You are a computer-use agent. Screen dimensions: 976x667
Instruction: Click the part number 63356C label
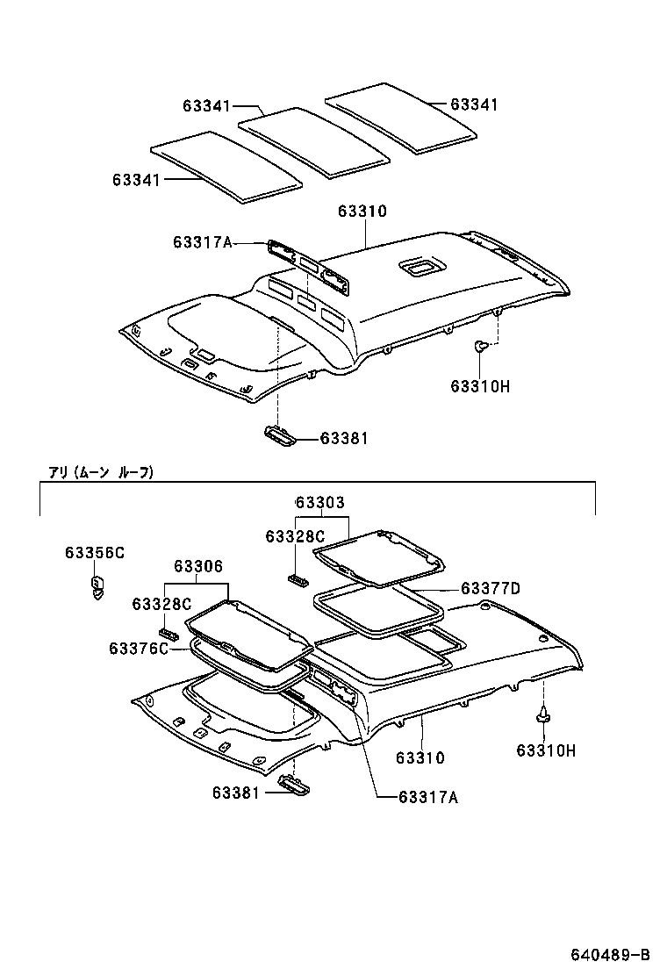94,552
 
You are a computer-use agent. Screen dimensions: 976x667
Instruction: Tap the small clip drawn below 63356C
97,585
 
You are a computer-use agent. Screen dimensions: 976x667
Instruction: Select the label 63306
197,567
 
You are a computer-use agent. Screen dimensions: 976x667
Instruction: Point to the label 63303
319,502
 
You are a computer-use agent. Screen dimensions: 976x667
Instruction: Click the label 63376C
138,648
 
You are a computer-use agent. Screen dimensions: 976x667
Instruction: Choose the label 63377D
490,588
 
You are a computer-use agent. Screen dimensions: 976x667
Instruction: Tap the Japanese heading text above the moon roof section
101,472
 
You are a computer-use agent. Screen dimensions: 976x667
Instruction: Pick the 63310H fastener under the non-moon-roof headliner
481,347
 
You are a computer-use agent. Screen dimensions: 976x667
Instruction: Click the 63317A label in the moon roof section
427,797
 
